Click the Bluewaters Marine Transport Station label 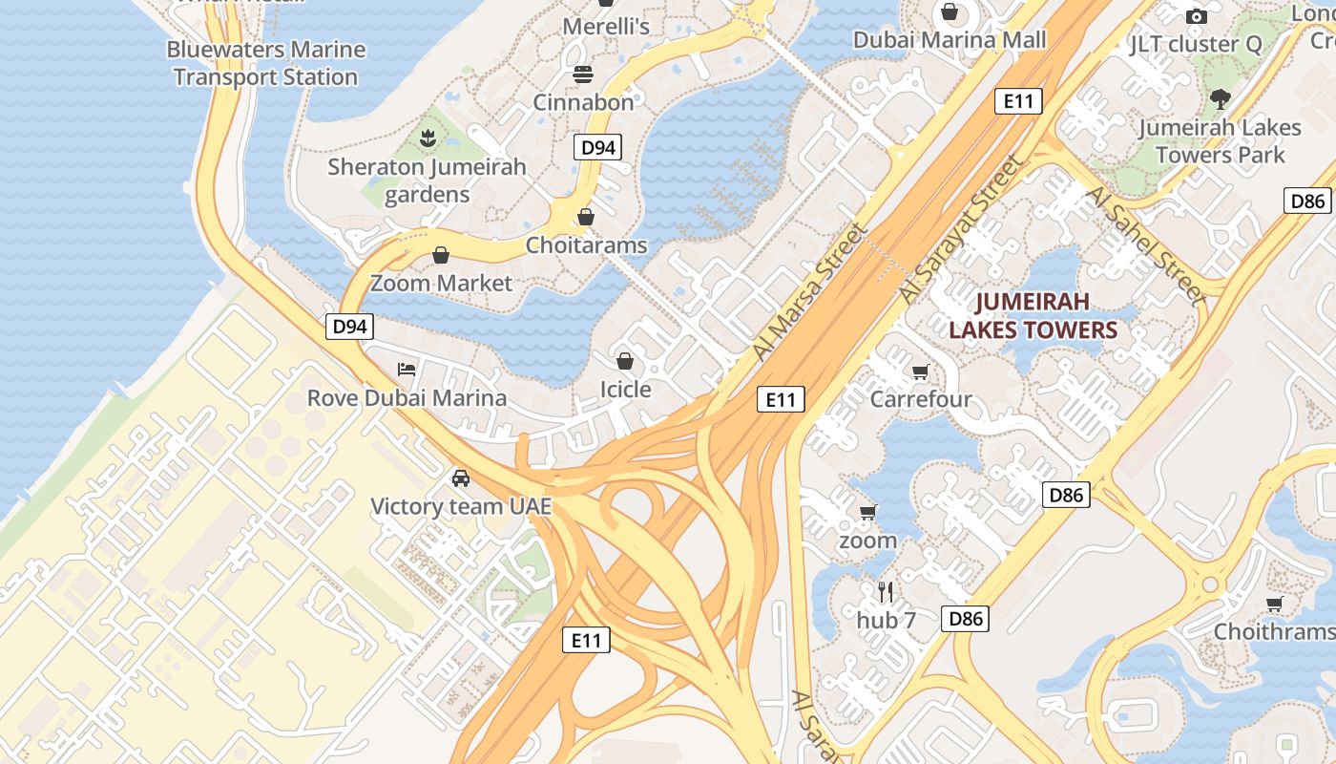[265, 63]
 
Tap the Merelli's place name [606, 27]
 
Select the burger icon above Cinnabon [583, 74]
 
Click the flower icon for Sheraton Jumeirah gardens [428, 139]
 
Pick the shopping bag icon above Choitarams [586, 217]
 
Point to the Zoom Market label [441, 283]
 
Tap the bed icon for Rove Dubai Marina [407, 370]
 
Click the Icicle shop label [625, 390]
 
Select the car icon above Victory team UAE [461, 477]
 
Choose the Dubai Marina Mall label [950, 40]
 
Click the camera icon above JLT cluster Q [1196, 16]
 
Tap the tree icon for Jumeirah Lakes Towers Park [1220, 99]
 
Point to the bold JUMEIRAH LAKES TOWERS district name [1032, 316]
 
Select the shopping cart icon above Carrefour [920, 371]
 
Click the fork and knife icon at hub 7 [886, 592]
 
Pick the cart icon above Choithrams [1274, 604]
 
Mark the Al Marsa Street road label [810, 291]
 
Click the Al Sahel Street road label [1146, 245]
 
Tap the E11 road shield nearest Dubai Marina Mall [1018, 101]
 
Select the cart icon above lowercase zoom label [867, 513]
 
